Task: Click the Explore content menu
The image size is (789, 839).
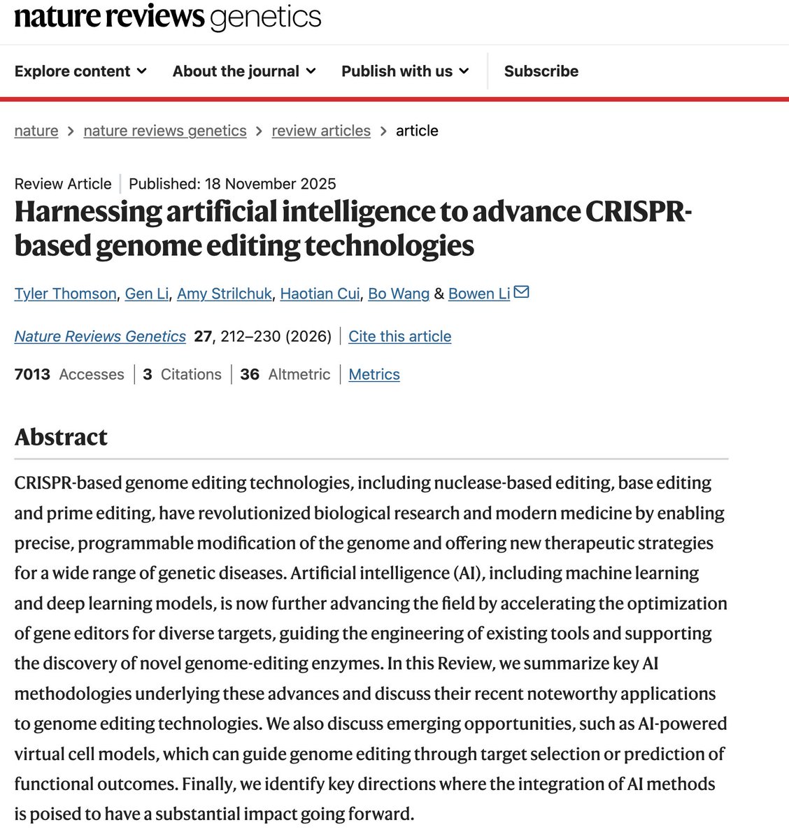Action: pyautogui.click(x=80, y=71)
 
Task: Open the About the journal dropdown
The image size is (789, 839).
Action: pyautogui.click(x=244, y=71)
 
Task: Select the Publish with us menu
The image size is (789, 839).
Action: pyautogui.click(x=405, y=71)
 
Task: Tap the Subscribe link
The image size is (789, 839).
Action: pyautogui.click(x=541, y=71)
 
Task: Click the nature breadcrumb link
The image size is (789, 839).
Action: pyautogui.click(x=36, y=131)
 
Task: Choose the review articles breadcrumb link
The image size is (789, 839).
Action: pyautogui.click(x=321, y=131)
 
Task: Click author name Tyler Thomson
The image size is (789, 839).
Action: pyautogui.click(x=65, y=294)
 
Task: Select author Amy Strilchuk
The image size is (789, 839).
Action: pyautogui.click(x=225, y=294)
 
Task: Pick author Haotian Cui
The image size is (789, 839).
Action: pyautogui.click(x=320, y=294)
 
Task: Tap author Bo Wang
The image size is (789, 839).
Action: pyautogui.click(x=399, y=294)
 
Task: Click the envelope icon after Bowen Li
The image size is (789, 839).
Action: pyautogui.click(x=522, y=292)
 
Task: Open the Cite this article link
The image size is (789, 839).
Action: pyautogui.click(x=399, y=336)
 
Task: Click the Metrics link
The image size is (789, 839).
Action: pyautogui.click(x=374, y=375)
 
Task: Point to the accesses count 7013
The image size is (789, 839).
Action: pyautogui.click(x=32, y=375)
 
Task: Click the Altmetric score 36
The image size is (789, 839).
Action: pyautogui.click(x=250, y=375)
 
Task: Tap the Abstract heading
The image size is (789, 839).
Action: pyautogui.click(x=61, y=437)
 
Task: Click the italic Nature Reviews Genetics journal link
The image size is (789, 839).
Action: pyautogui.click(x=100, y=336)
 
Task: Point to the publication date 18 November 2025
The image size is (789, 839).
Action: pyautogui.click(x=270, y=184)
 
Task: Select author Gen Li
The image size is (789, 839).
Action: pyautogui.click(x=147, y=294)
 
